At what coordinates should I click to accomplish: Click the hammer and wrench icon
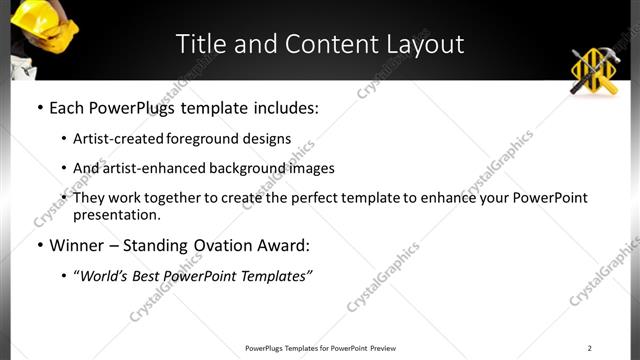point(596,72)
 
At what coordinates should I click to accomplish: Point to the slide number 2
point(589,348)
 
